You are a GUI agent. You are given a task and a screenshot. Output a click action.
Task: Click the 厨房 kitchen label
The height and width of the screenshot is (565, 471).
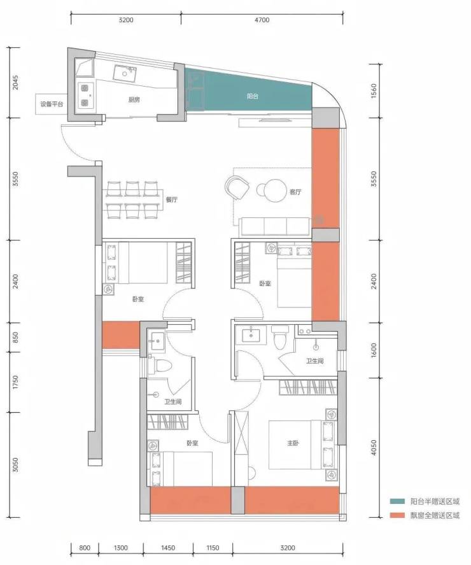[134, 100]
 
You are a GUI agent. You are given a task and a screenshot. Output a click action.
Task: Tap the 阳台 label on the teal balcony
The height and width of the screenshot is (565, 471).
[253, 96]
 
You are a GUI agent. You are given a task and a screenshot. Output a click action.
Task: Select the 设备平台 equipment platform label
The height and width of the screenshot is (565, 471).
[52, 104]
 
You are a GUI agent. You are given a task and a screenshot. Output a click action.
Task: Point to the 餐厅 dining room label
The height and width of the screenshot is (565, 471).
[172, 199]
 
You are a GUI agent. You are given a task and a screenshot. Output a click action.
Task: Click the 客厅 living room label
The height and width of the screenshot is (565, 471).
[295, 192]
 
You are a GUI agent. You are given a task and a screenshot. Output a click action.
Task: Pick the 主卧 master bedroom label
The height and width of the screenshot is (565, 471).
[293, 443]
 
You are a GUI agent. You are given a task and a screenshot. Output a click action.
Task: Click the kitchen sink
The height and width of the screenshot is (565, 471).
[125, 73]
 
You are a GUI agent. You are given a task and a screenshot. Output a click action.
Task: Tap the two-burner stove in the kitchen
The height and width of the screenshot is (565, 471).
[85, 95]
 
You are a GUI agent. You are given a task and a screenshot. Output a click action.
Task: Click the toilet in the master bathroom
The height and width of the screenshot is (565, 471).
[280, 337]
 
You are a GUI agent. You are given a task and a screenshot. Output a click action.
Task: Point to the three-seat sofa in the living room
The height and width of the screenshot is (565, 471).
[275, 227]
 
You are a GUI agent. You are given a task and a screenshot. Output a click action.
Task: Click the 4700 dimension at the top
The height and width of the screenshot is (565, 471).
[262, 20]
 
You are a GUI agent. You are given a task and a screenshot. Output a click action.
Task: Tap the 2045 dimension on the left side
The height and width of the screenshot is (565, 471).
[15, 83]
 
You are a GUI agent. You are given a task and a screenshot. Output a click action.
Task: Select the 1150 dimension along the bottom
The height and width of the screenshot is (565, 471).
[213, 548]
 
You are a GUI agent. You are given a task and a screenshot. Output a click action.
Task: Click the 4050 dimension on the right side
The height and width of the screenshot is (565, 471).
[374, 448]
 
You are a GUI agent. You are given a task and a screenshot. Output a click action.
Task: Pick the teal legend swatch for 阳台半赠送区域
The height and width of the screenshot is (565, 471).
[397, 501]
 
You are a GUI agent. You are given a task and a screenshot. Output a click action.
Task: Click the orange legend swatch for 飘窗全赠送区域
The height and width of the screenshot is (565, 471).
[397, 516]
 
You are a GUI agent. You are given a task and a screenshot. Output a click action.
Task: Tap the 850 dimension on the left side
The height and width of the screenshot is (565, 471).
[15, 338]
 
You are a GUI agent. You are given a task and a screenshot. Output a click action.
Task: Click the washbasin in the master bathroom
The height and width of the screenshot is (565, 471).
[251, 334]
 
